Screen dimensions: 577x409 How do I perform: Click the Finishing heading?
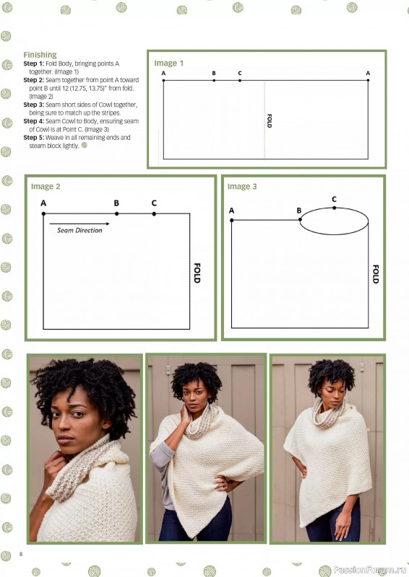tap(40, 55)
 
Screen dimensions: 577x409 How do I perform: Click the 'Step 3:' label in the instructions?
tap(34, 105)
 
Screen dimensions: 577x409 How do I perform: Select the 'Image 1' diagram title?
tap(169, 63)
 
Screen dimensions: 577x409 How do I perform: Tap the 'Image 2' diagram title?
tap(46, 187)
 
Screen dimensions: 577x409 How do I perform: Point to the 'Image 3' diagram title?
tap(242, 187)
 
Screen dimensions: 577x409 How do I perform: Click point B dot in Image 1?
tap(214, 80)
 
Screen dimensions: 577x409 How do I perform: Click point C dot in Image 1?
tap(240, 80)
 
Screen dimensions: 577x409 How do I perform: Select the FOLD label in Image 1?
tap(269, 120)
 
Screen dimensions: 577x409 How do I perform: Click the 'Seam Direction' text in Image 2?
tap(80, 231)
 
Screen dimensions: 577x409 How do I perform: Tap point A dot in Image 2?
tap(43, 213)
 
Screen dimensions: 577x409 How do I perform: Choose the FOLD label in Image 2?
tap(197, 272)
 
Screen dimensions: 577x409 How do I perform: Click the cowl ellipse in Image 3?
tap(334, 221)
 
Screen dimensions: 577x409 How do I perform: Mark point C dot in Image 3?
tap(334, 208)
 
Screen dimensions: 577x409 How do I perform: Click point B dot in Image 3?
tap(299, 220)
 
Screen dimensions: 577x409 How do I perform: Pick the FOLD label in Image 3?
tap(375, 274)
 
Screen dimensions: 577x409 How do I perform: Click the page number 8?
tap(22, 553)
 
